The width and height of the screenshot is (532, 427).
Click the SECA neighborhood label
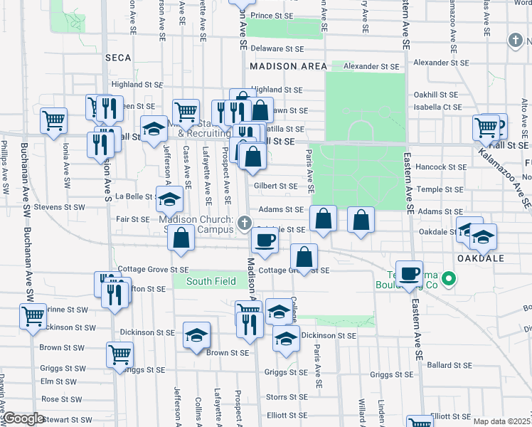coord(119,57)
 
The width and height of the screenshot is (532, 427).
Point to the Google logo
coord(23,419)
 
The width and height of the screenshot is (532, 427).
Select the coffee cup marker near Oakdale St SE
coord(264,241)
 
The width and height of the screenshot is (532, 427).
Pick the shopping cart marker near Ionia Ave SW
coord(53,122)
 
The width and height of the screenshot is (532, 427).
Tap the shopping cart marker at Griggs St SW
coord(119,354)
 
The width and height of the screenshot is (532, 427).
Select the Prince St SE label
coord(272,15)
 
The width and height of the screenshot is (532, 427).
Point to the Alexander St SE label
coord(371,66)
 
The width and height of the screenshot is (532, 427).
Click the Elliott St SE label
coord(287,416)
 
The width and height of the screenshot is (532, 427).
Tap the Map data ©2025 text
coord(501,421)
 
